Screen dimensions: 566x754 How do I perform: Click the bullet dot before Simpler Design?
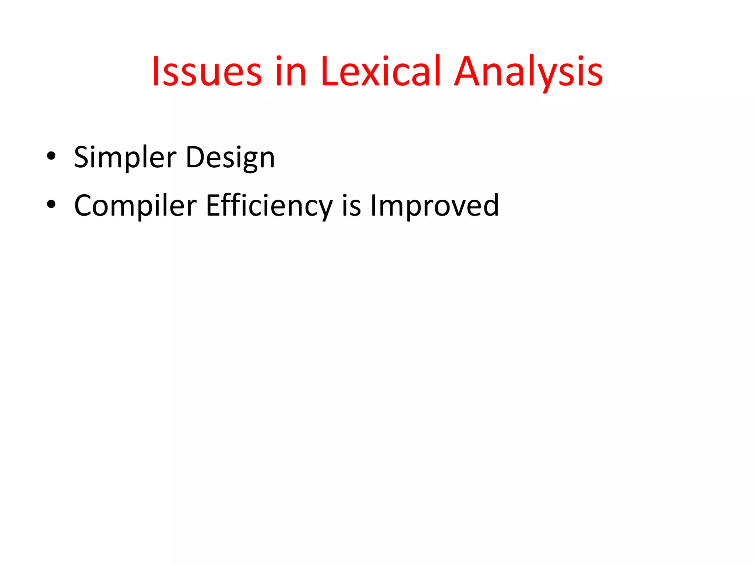51,156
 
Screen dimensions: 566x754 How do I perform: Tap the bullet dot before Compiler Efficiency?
51,204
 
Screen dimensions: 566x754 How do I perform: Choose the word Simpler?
125,158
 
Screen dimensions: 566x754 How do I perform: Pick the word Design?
230,158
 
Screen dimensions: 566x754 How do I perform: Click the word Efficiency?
269,206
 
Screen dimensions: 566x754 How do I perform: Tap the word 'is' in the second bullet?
351,206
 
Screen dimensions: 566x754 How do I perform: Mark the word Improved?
434,206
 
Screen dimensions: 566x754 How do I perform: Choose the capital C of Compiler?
84,205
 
